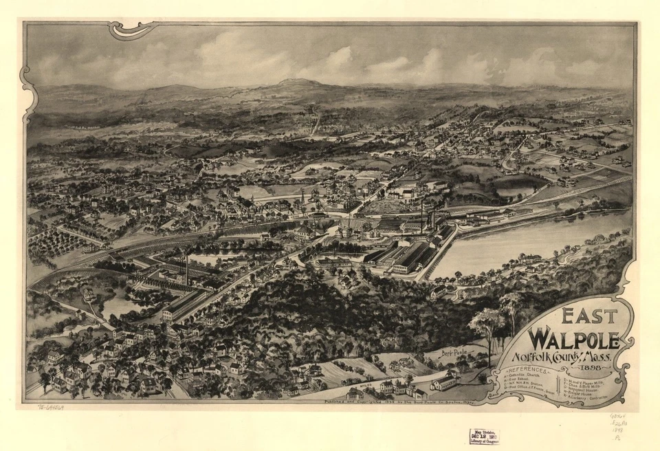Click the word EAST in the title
pyautogui.click(x=588, y=317)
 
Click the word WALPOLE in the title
pyautogui.click(x=572, y=340)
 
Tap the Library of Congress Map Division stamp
pyautogui.click(x=484, y=436)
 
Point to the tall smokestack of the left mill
pyautogui.click(x=186, y=268)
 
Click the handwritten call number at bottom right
pyautogui.click(x=619, y=426)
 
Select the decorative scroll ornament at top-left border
pyautogui.click(x=131, y=30)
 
